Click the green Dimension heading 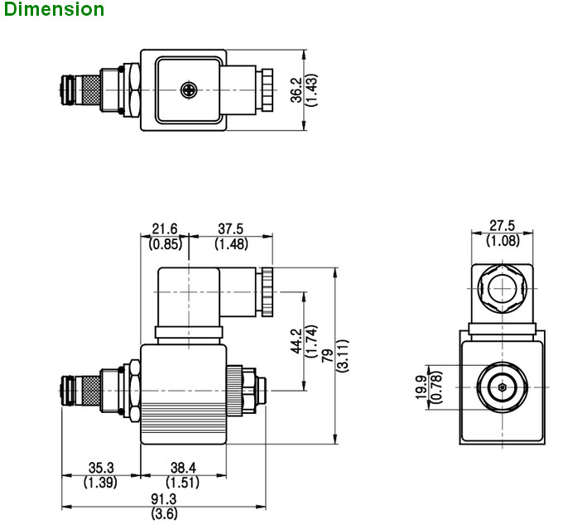(x=53, y=10)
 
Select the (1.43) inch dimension (x=311, y=89)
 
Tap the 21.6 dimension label (x=165, y=229)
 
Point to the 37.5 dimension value (x=231, y=229)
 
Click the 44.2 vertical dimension (x=296, y=339)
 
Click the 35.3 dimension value (x=100, y=468)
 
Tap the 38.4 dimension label (x=183, y=468)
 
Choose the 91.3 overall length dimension (x=164, y=498)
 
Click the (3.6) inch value (x=164, y=512)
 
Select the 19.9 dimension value (x=422, y=387)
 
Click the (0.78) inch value (x=436, y=387)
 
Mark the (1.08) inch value (x=502, y=241)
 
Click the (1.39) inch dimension (x=100, y=482)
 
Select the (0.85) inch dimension (x=165, y=243)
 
